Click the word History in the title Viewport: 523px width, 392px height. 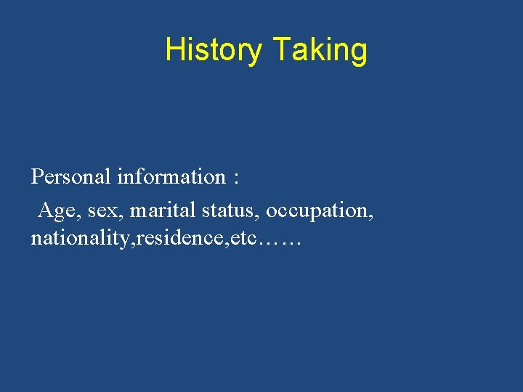(x=214, y=51)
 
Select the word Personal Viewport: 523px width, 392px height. (x=70, y=176)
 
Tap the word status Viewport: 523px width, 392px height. (x=230, y=211)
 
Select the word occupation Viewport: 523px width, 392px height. (x=317, y=211)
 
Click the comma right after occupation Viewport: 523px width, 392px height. (x=371, y=217)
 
